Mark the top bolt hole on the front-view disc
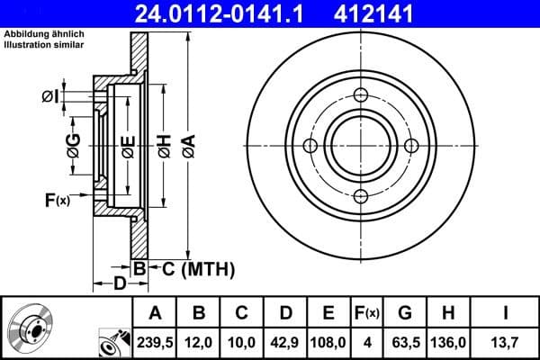pos(361,96)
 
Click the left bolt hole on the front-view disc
pos(310,147)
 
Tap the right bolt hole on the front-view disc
pos(411,147)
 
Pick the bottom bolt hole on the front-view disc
pos(361,197)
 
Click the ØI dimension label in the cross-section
pos(50,95)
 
